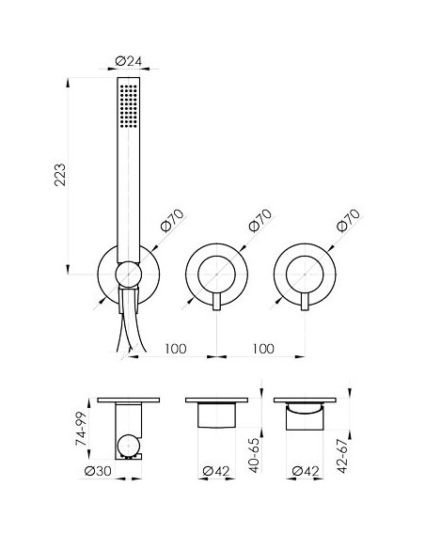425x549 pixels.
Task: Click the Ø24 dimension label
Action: coord(129,61)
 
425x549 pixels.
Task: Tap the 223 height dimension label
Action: coord(60,175)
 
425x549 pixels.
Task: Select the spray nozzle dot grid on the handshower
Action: coord(129,105)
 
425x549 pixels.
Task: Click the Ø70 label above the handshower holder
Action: coord(172,221)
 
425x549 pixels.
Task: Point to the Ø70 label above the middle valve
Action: coord(260,221)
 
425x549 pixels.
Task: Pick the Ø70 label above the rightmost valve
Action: coord(348,221)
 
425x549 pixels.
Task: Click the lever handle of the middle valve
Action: coord(216,302)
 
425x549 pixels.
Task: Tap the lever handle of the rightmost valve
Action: coord(305,302)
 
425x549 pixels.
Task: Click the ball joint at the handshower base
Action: coord(129,274)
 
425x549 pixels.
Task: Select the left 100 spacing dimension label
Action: coord(176,349)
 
